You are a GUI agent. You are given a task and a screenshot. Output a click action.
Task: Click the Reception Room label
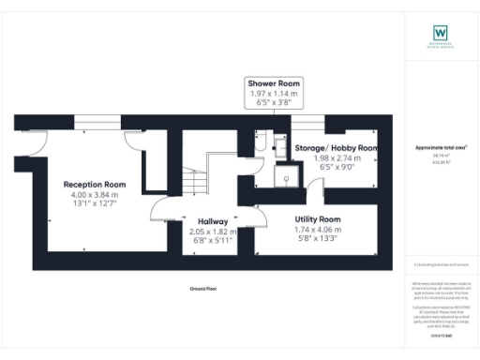click(94, 184)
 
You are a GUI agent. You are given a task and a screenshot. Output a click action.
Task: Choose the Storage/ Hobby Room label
click(336, 148)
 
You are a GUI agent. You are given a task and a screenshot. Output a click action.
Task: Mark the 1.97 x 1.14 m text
click(268, 94)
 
